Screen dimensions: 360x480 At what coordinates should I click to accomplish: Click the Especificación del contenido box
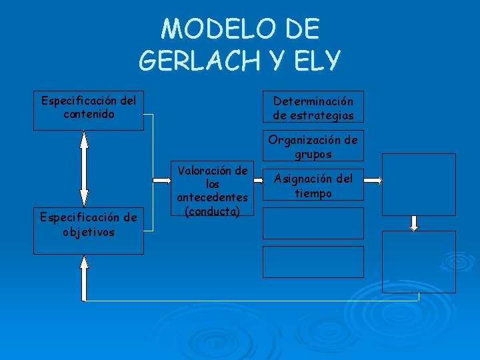pyautogui.click(x=89, y=110)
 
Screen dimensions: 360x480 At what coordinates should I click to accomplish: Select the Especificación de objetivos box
pyautogui.click(x=89, y=224)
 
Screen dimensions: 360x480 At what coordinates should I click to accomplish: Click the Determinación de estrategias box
pyautogui.click(x=313, y=107)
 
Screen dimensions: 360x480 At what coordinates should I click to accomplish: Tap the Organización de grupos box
pyautogui.click(x=313, y=146)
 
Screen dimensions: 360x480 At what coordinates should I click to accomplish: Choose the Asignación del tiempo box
pyautogui.click(x=313, y=185)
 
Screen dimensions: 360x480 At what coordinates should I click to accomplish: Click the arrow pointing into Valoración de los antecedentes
pyautogui.click(x=161, y=179)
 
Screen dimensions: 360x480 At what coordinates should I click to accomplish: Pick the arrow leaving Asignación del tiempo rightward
pyautogui.click(x=373, y=180)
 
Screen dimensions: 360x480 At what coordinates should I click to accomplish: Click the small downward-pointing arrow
pyautogui.click(x=414, y=223)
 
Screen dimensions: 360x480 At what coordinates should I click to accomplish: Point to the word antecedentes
pyautogui.click(x=213, y=197)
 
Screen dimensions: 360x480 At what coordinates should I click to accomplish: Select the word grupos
pyautogui.click(x=313, y=153)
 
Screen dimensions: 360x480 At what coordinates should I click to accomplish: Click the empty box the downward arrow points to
pyautogui.click(x=419, y=261)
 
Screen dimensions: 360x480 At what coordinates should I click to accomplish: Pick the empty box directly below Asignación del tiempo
pyautogui.click(x=313, y=223)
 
